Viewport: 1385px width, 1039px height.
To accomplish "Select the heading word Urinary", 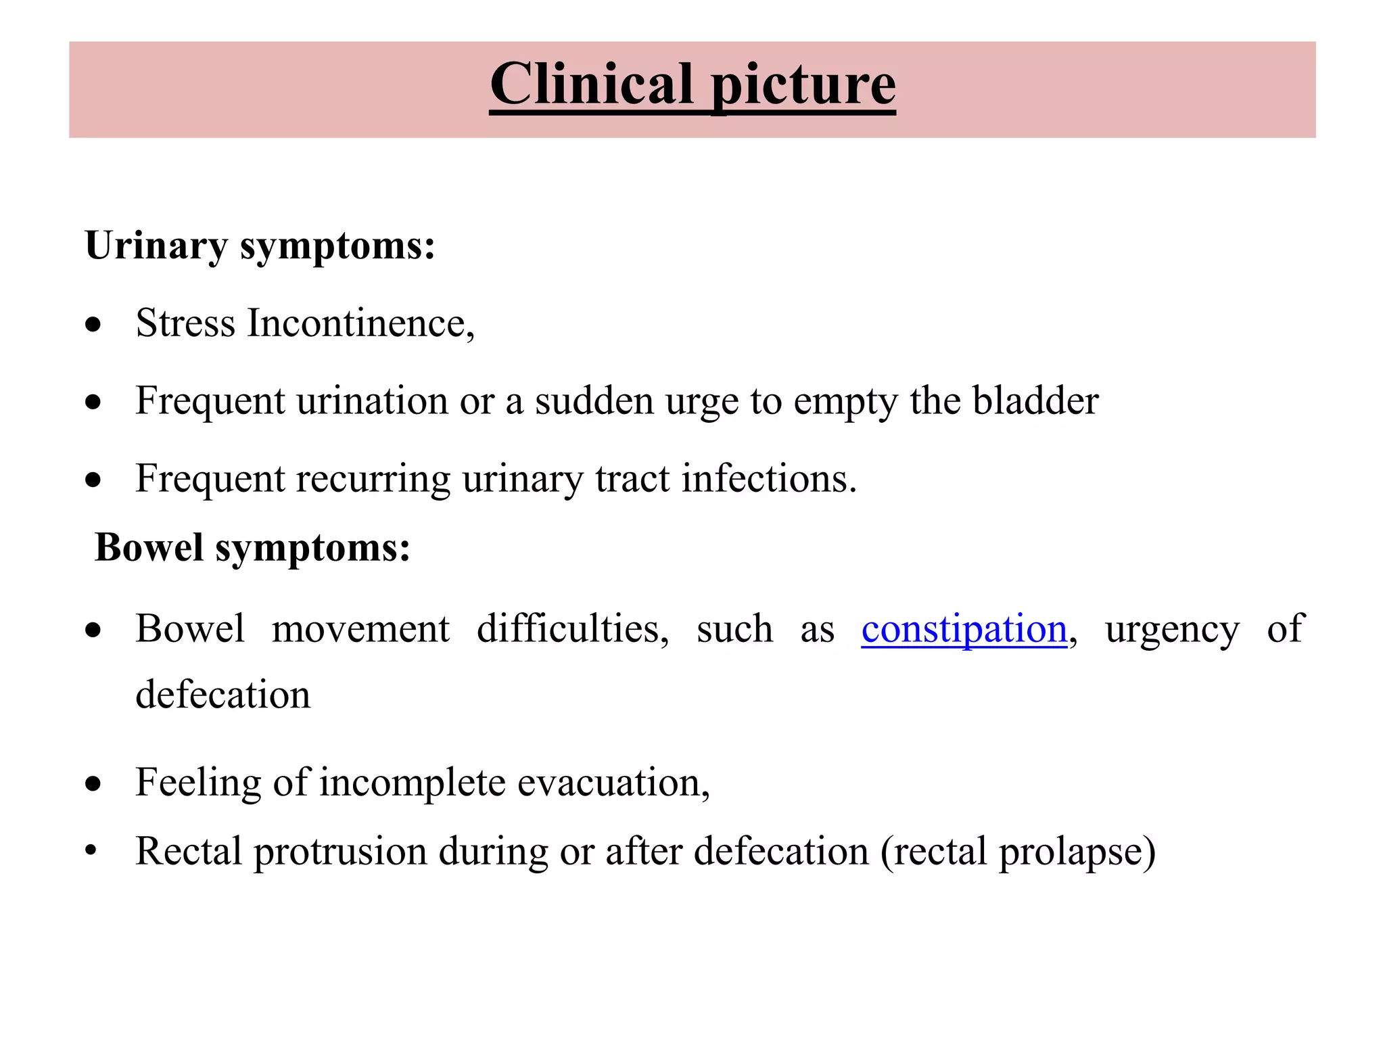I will (x=156, y=246).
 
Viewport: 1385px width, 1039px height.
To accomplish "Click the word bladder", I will (x=1035, y=400).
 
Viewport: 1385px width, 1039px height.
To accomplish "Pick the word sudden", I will (x=594, y=400).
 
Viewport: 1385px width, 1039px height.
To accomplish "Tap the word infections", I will (x=768, y=478).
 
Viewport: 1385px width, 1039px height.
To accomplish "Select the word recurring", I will (x=373, y=480).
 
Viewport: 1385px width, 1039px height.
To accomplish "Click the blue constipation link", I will (x=964, y=629).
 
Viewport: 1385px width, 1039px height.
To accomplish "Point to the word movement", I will (x=360, y=629).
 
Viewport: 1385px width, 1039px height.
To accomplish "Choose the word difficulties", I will (x=572, y=629).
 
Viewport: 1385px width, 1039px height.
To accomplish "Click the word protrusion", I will (x=340, y=852).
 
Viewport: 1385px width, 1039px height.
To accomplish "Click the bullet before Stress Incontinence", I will (x=93, y=325).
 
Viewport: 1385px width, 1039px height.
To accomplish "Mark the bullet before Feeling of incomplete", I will (x=93, y=784).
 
